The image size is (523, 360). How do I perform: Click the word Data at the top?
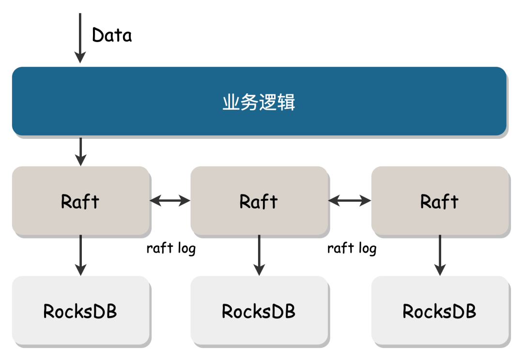click(112, 35)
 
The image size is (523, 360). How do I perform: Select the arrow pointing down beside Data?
click(80, 38)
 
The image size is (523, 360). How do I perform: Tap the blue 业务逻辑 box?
click(259, 101)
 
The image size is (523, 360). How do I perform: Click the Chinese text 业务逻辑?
click(259, 102)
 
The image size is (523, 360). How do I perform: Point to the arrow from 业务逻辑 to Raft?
click(81, 151)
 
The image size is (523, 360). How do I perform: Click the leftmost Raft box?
click(80, 201)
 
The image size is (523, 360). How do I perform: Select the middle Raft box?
click(259, 201)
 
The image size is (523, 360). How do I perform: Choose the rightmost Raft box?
click(440, 201)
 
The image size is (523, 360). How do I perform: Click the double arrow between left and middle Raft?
click(170, 201)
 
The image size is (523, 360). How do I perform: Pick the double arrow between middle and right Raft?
click(350, 201)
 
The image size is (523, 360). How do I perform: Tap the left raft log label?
click(171, 248)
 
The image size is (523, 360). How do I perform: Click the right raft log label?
click(352, 248)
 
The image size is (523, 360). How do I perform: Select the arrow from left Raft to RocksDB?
click(81, 255)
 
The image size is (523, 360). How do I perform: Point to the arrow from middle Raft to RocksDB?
click(259, 255)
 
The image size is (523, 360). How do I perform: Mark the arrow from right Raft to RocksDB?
click(440, 255)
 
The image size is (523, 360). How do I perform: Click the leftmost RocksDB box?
click(80, 310)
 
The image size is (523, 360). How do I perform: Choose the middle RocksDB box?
click(259, 310)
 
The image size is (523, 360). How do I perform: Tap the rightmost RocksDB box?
click(440, 310)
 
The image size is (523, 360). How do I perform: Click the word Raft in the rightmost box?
click(439, 201)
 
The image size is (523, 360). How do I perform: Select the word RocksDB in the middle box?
click(259, 311)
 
